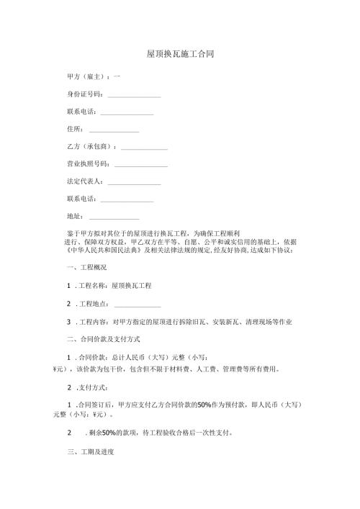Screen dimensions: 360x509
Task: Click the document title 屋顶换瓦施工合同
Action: coord(179,54)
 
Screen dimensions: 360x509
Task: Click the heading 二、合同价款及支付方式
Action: coord(102,338)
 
